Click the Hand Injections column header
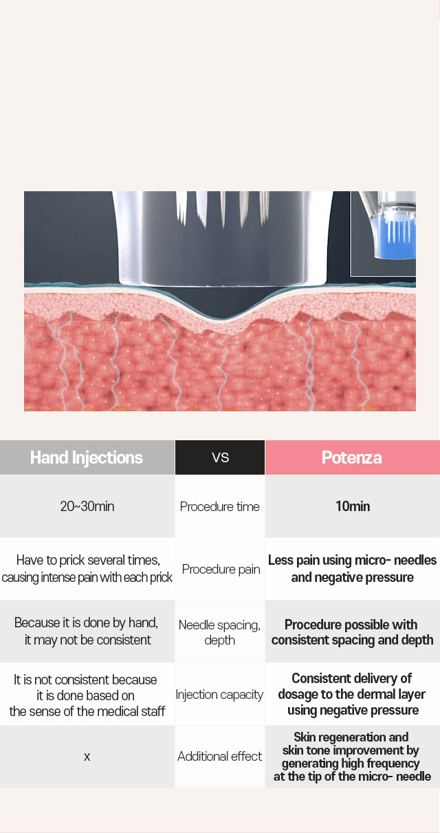(87, 457)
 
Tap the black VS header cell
(220, 457)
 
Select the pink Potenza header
(352, 457)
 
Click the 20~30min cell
(87, 506)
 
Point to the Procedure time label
(219, 506)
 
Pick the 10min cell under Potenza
(352, 506)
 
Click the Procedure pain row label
(221, 569)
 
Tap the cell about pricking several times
(87, 569)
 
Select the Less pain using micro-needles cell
(352, 569)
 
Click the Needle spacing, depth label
(219, 632)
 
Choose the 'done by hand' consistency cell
(87, 631)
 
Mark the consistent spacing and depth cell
(352, 631)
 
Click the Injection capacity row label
(219, 694)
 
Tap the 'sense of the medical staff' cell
(87, 694)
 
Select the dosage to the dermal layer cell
(352, 694)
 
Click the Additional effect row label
(219, 756)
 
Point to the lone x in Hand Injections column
(87, 757)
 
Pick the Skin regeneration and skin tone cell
(352, 757)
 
